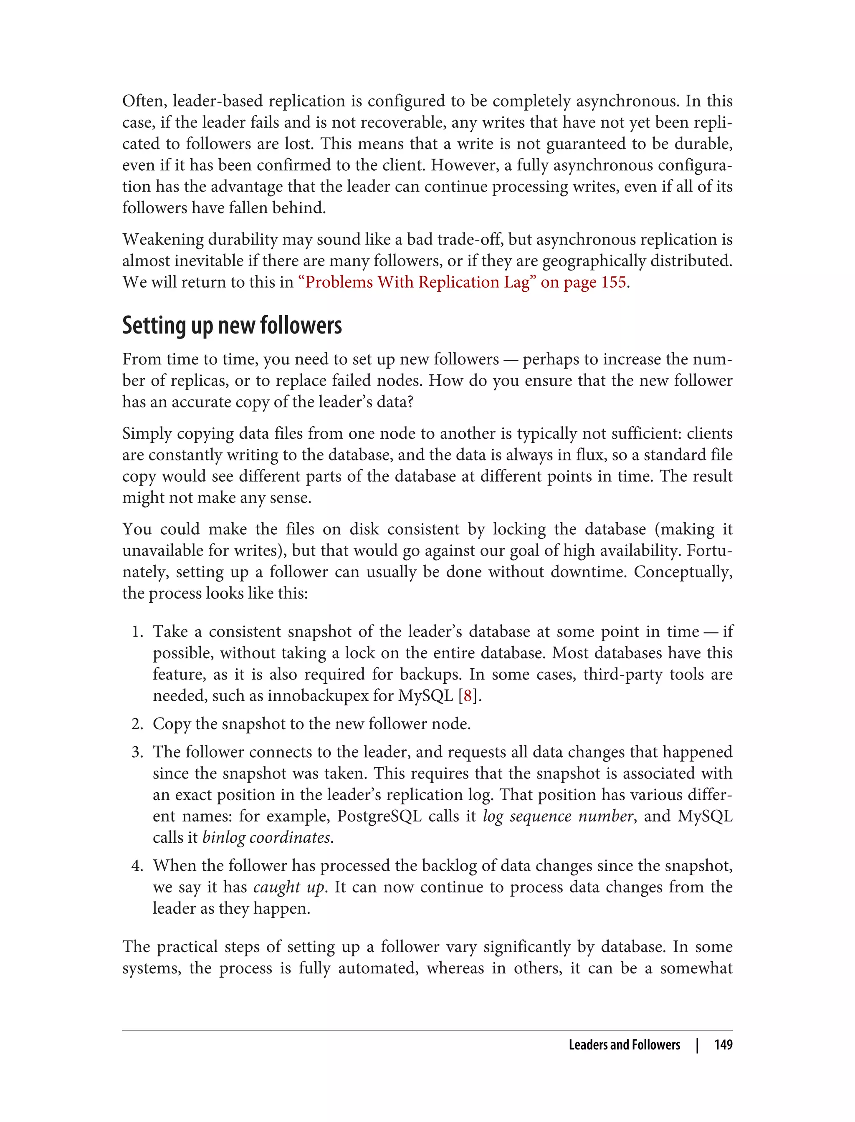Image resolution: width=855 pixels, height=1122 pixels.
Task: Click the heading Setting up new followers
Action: [232, 325]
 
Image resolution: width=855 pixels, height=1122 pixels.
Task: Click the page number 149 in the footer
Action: [723, 1045]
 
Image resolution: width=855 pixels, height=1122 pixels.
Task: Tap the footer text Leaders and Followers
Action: [624, 1045]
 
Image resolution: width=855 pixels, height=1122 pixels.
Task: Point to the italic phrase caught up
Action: [288, 887]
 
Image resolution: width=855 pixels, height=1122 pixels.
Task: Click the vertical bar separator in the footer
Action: [697, 1045]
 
